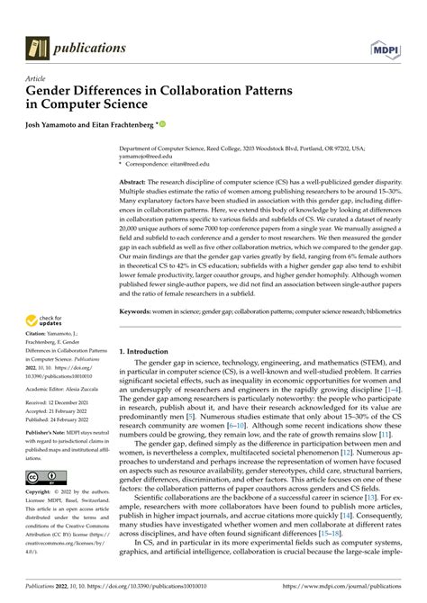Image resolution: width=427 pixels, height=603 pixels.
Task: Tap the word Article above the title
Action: click(35, 79)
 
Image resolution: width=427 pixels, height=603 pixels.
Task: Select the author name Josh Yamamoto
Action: click(59, 124)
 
